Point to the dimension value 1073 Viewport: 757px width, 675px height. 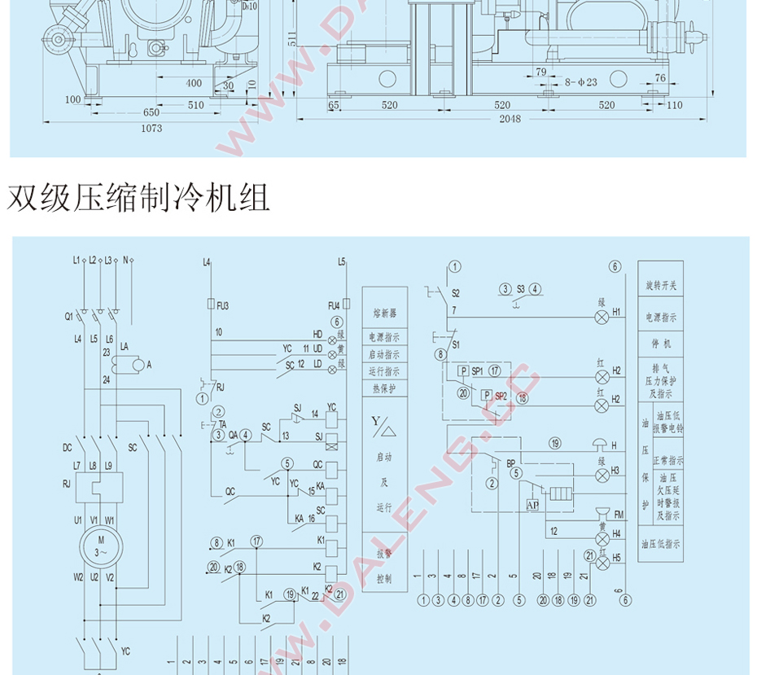pos(151,128)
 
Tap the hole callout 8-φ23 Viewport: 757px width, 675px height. pos(581,81)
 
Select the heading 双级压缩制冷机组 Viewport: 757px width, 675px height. pos(138,198)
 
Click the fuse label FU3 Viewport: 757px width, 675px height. pos(222,305)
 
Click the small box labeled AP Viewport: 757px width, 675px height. pos(532,506)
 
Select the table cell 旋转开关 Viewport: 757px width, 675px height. pos(660,286)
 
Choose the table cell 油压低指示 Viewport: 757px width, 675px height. pos(660,544)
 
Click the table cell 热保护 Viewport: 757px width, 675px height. pos(384,388)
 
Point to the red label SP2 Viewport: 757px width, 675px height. pos(501,396)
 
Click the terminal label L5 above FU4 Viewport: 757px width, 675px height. pos(342,261)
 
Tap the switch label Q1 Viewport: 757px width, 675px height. pos(70,315)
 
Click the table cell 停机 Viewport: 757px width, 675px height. pos(662,344)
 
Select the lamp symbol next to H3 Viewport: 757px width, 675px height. pos(602,471)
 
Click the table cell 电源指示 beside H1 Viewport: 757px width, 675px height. pos(660,317)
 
